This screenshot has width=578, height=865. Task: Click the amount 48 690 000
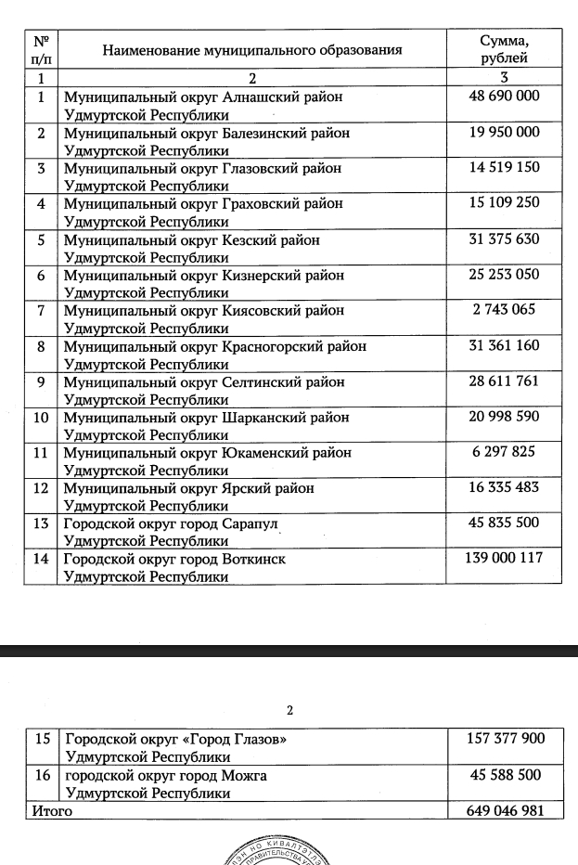coord(504,96)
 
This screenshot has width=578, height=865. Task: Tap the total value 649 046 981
coord(504,810)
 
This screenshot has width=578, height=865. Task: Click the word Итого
coord(52,811)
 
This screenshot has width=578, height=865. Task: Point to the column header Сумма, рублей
coord(504,49)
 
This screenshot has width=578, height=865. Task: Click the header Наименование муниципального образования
coord(251,50)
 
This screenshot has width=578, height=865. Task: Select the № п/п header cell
coord(41,49)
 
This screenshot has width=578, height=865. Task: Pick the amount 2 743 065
coord(504,310)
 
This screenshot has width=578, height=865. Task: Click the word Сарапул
coord(250,523)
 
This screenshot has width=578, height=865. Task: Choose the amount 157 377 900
coord(504,739)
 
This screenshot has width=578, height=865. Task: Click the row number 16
coord(42,775)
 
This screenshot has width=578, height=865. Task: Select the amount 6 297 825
coord(504,452)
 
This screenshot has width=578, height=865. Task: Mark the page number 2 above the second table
coord(289,711)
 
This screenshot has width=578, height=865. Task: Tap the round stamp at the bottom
coord(289,849)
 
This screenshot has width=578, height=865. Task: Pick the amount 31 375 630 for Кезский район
coord(504,239)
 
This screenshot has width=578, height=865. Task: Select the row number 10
coord(42,417)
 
